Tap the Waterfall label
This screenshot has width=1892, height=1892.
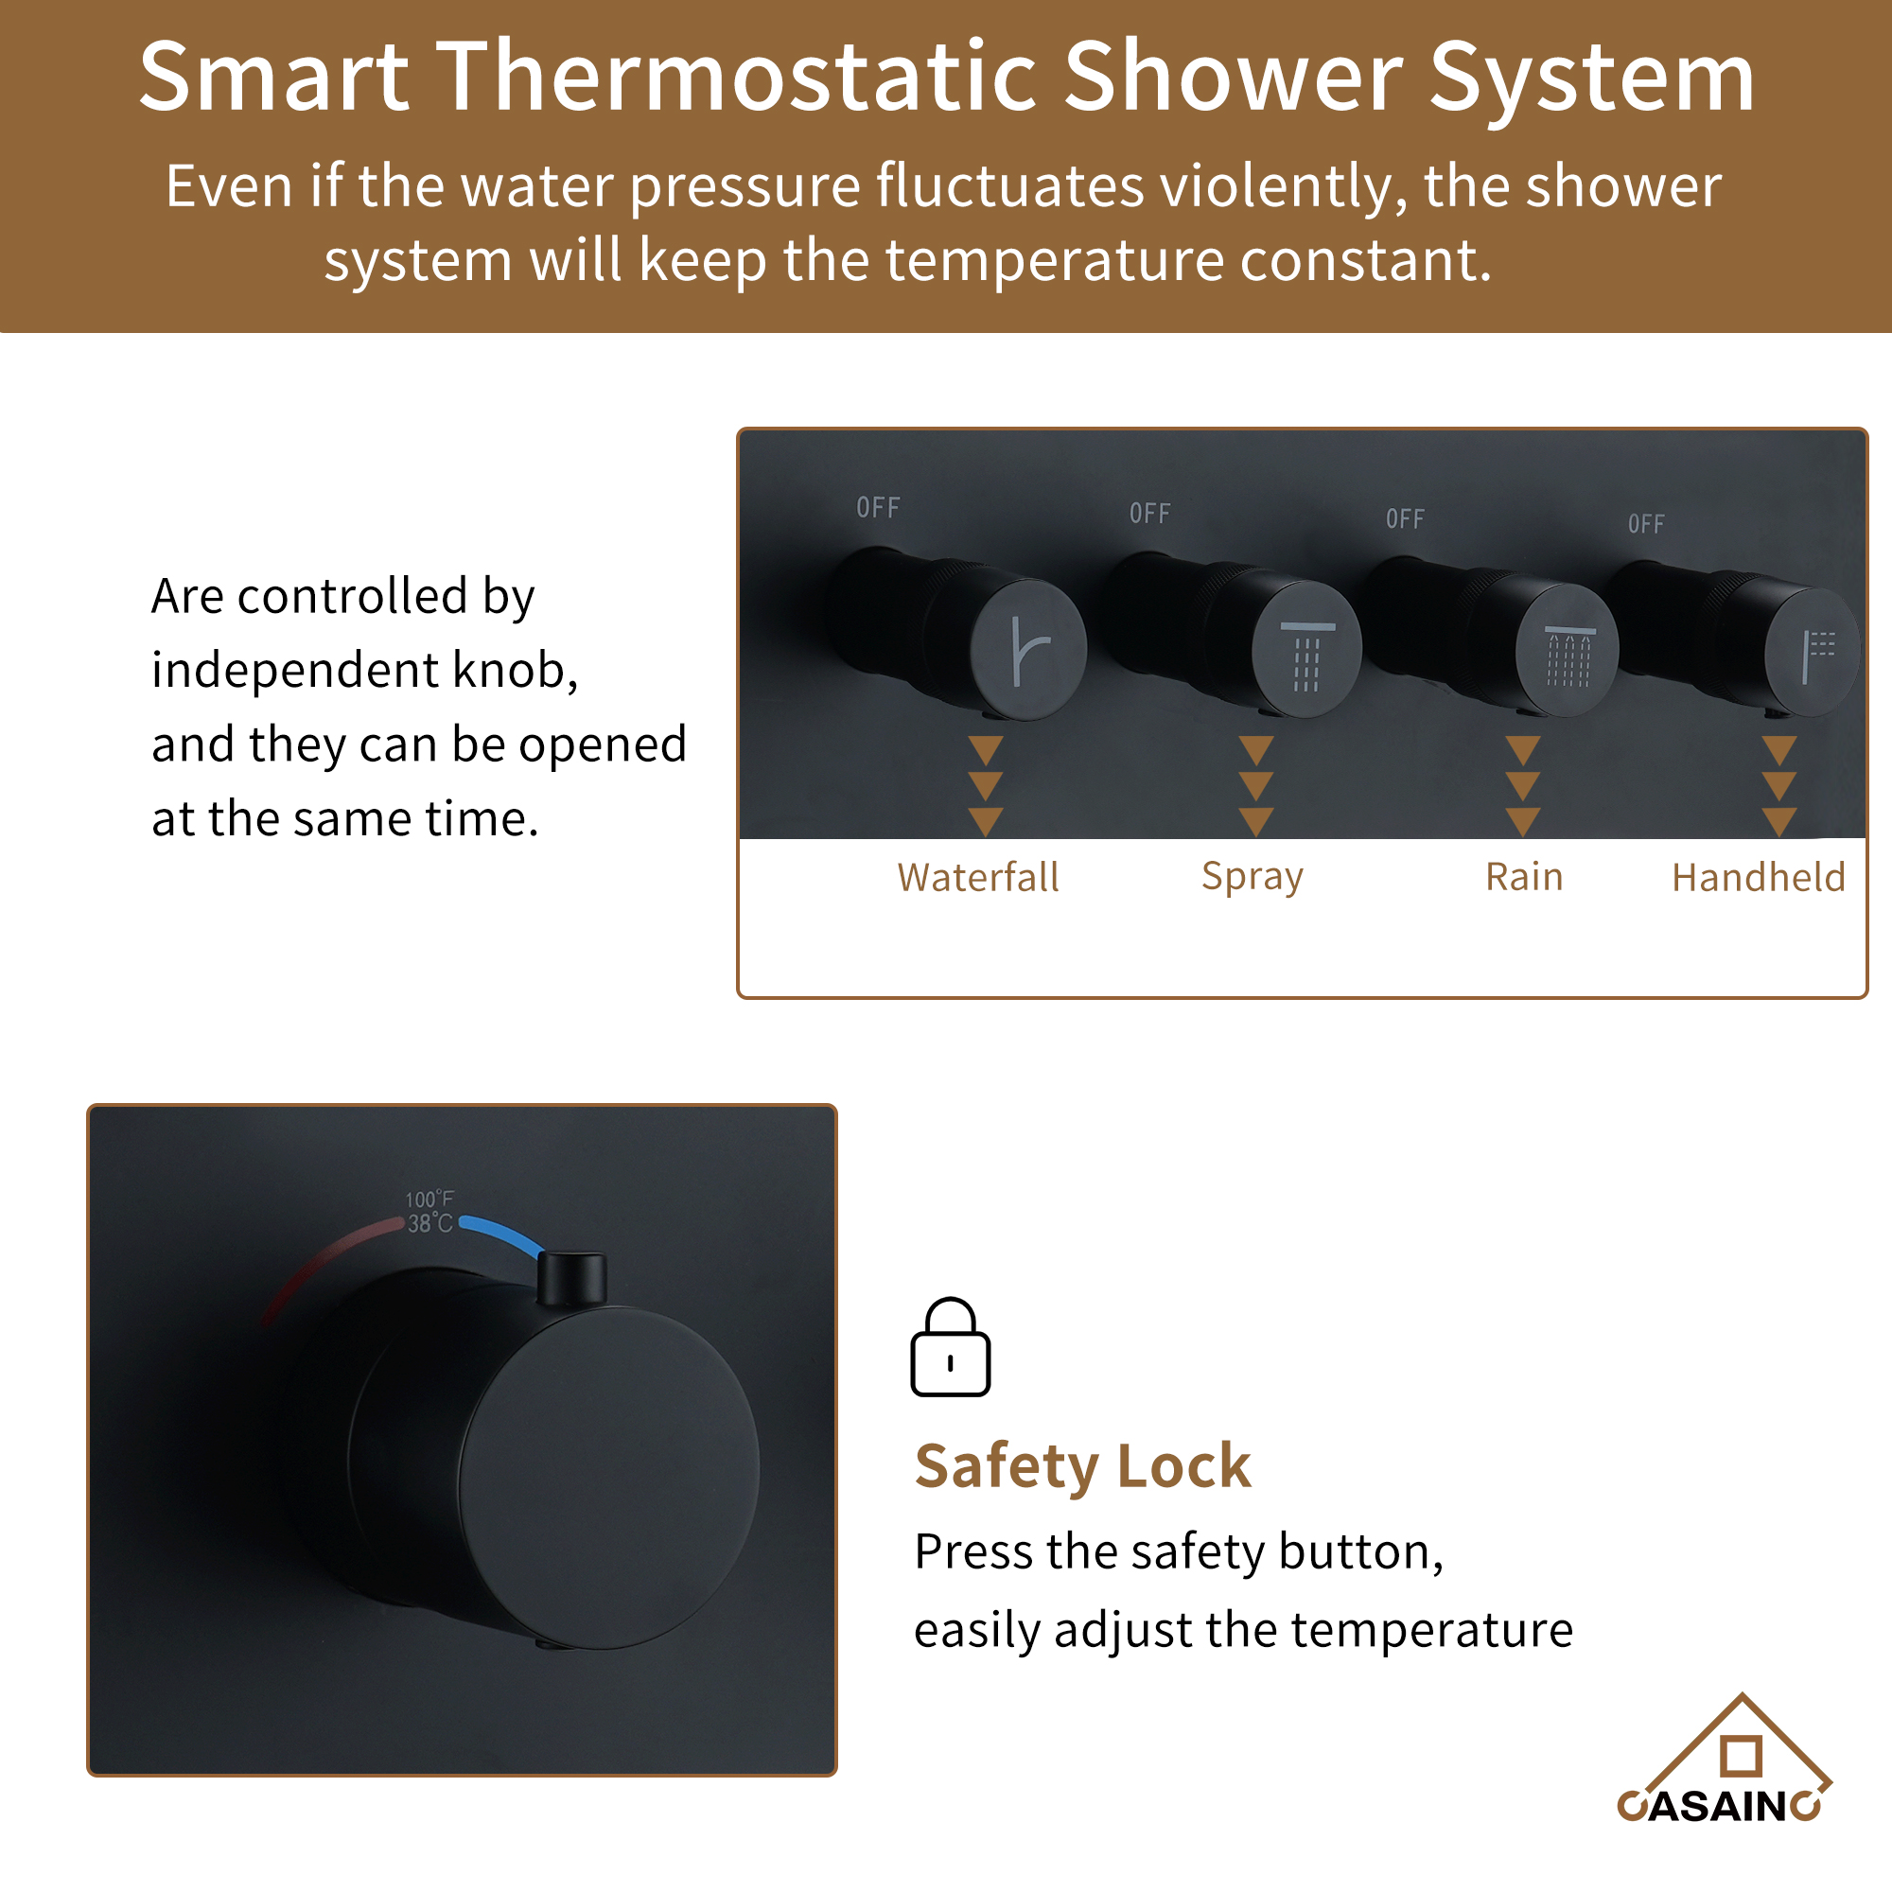[977, 878]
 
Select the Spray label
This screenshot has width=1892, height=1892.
[1252, 877]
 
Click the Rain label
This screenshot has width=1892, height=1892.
[1524, 877]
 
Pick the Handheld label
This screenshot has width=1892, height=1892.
[1758, 878]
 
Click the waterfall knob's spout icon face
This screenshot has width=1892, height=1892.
[1028, 649]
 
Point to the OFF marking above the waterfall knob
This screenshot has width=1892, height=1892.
[878, 507]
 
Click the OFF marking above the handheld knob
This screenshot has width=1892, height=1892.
[1645, 524]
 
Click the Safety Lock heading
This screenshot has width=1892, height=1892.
[1082, 1466]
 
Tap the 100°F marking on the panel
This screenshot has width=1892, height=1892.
[429, 1199]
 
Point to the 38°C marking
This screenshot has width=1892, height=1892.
[429, 1223]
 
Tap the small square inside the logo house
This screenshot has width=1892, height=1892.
[1741, 1755]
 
